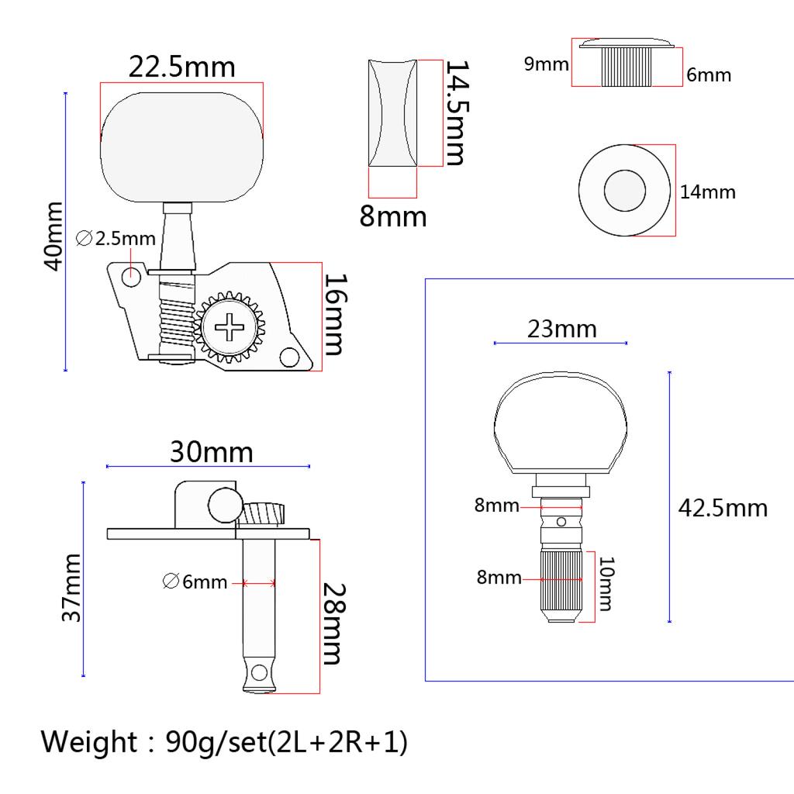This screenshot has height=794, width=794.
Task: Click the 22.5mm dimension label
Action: (181, 67)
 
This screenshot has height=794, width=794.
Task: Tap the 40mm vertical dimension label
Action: (53, 236)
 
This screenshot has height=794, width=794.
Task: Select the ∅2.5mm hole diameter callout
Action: (117, 239)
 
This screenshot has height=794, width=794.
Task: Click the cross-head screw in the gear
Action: (230, 329)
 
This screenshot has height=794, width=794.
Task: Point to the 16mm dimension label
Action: (333, 314)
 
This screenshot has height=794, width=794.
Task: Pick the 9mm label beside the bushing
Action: (546, 64)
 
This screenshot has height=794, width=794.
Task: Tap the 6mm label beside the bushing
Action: (709, 76)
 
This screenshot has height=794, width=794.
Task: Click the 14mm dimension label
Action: (707, 192)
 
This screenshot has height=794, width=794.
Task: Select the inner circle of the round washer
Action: (623, 190)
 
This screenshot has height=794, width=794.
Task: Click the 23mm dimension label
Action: (562, 329)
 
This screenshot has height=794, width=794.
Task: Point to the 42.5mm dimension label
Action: (723, 508)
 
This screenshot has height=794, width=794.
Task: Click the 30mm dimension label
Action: (212, 452)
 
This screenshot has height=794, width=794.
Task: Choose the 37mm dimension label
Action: (71, 588)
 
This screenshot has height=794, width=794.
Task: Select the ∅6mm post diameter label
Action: (195, 582)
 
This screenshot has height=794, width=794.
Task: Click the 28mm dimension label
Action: (333, 624)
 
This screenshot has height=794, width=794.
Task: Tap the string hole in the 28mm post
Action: (259, 671)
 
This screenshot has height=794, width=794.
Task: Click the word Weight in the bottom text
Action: (88, 742)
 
